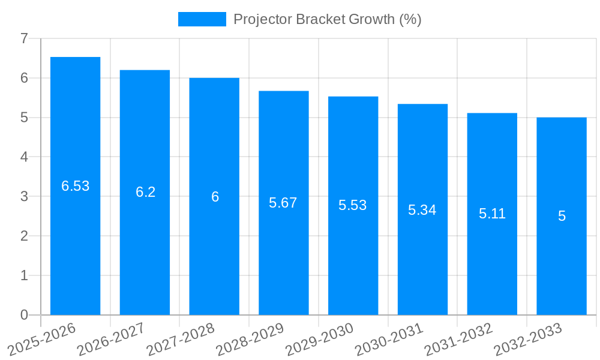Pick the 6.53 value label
(x=75, y=186)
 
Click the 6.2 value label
(x=145, y=192)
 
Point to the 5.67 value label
(x=283, y=203)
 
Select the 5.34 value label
(x=422, y=210)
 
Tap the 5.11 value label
(x=492, y=214)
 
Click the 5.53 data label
(x=352, y=205)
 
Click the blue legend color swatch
(x=202, y=19)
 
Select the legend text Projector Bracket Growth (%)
(x=327, y=19)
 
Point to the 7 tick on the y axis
(x=24, y=38)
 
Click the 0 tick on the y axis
(x=24, y=315)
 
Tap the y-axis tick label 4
(x=24, y=157)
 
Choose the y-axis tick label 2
(x=24, y=236)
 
